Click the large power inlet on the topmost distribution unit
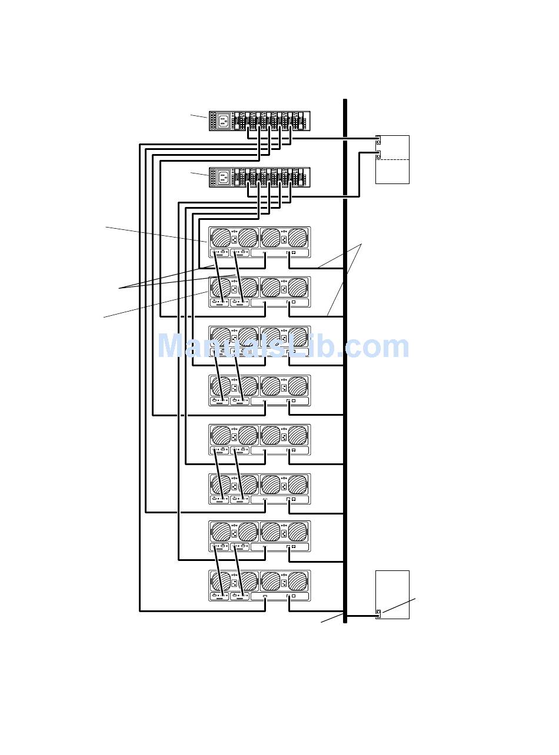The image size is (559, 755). point(224,121)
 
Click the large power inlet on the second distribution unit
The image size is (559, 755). point(224,177)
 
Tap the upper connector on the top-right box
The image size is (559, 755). point(378,139)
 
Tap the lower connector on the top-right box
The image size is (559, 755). point(378,155)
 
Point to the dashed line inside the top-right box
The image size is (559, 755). point(392,159)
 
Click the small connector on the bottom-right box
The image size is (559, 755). point(378,614)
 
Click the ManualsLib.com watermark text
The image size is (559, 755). point(282,346)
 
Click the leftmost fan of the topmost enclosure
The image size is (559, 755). point(221,238)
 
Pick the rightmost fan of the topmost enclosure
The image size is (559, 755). point(298,238)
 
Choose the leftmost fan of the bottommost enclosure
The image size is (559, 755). point(221,582)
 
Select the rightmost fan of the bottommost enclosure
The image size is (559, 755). point(298,582)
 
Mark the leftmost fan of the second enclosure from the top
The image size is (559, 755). point(221,288)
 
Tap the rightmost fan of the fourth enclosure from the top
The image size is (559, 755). point(298,386)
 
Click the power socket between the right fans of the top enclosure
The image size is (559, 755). point(284,239)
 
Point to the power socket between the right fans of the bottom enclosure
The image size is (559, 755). point(284,583)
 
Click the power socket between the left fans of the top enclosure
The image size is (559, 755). point(234,239)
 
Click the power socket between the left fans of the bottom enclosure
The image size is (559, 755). point(234,583)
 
